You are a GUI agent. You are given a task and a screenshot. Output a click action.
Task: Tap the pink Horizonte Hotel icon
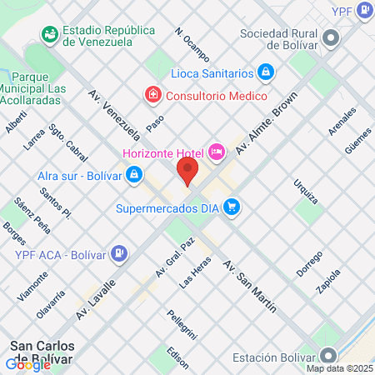pyautogui.click(x=216, y=152)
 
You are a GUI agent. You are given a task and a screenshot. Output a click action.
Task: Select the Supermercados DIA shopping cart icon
pyautogui.click(x=232, y=207)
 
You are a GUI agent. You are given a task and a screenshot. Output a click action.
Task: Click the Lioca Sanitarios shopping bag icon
pyautogui.click(x=264, y=72)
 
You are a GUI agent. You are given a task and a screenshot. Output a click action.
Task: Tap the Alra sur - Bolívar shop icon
pyautogui.click(x=133, y=175)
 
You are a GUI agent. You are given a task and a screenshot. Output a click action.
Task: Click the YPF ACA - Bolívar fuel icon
pyautogui.click(x=121, y=252)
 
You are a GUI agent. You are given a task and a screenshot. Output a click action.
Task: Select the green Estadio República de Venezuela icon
pyautogui.click(x=50, y=35)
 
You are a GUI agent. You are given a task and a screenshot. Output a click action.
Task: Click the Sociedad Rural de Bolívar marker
pyautogui.click(x=332, y=37)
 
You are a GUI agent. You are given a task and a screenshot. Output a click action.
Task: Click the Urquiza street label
pyautogui.click(x=305, y=192)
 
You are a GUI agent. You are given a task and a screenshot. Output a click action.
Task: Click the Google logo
pyautogui.click(x=28, y=364)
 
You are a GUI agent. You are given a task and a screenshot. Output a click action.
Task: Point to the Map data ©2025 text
pyautogui.click(x=339, y=368)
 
